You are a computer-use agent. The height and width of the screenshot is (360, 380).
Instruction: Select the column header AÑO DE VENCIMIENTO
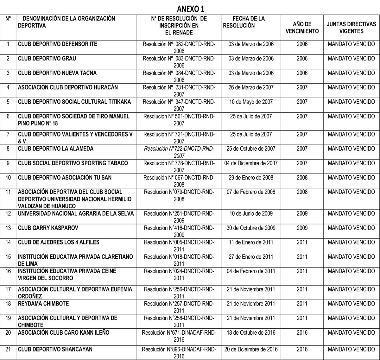coord(302,28)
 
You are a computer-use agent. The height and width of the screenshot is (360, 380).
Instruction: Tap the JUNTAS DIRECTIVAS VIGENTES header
coord(351,28)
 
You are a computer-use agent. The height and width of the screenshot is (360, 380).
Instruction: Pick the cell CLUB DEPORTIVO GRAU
coord(47,59)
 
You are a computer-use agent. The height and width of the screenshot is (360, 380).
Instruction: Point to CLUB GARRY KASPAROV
coord(48,228)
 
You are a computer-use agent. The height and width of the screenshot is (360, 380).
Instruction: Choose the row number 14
coord(8,243)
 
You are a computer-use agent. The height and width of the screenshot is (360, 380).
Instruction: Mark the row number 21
coord(8,350)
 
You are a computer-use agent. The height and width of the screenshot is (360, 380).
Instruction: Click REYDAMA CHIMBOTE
coord(43,304)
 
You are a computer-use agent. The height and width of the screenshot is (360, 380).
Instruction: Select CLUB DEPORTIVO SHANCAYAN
coord(55,350)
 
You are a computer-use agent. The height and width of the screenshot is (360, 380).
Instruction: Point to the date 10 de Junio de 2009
coord(251,213)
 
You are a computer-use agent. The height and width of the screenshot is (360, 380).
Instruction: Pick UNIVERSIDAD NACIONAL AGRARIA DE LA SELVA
coord(76,213)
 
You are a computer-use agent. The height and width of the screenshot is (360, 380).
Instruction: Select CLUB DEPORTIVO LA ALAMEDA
coord(56,148)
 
